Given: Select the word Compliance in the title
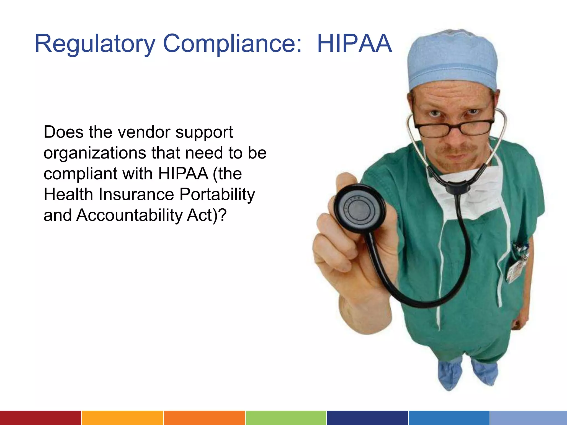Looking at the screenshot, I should click(x=232, y=44).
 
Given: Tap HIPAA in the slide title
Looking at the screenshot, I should click(x=354, y=44).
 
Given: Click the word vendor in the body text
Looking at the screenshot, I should click(x=144, y=132).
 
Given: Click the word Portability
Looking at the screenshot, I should click(x=217, y=194).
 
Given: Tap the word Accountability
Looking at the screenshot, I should click(x=129, y=215).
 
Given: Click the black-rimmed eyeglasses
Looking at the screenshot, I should click(x=454, y=127).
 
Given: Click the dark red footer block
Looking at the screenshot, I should click(x=40, y=418).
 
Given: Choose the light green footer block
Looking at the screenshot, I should click(x=286, y=418).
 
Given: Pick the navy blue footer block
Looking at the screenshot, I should click(x=367, y=418).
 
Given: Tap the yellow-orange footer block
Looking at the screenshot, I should click(x=122, y=418).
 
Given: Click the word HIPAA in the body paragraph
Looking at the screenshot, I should click(x=183, y=173).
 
